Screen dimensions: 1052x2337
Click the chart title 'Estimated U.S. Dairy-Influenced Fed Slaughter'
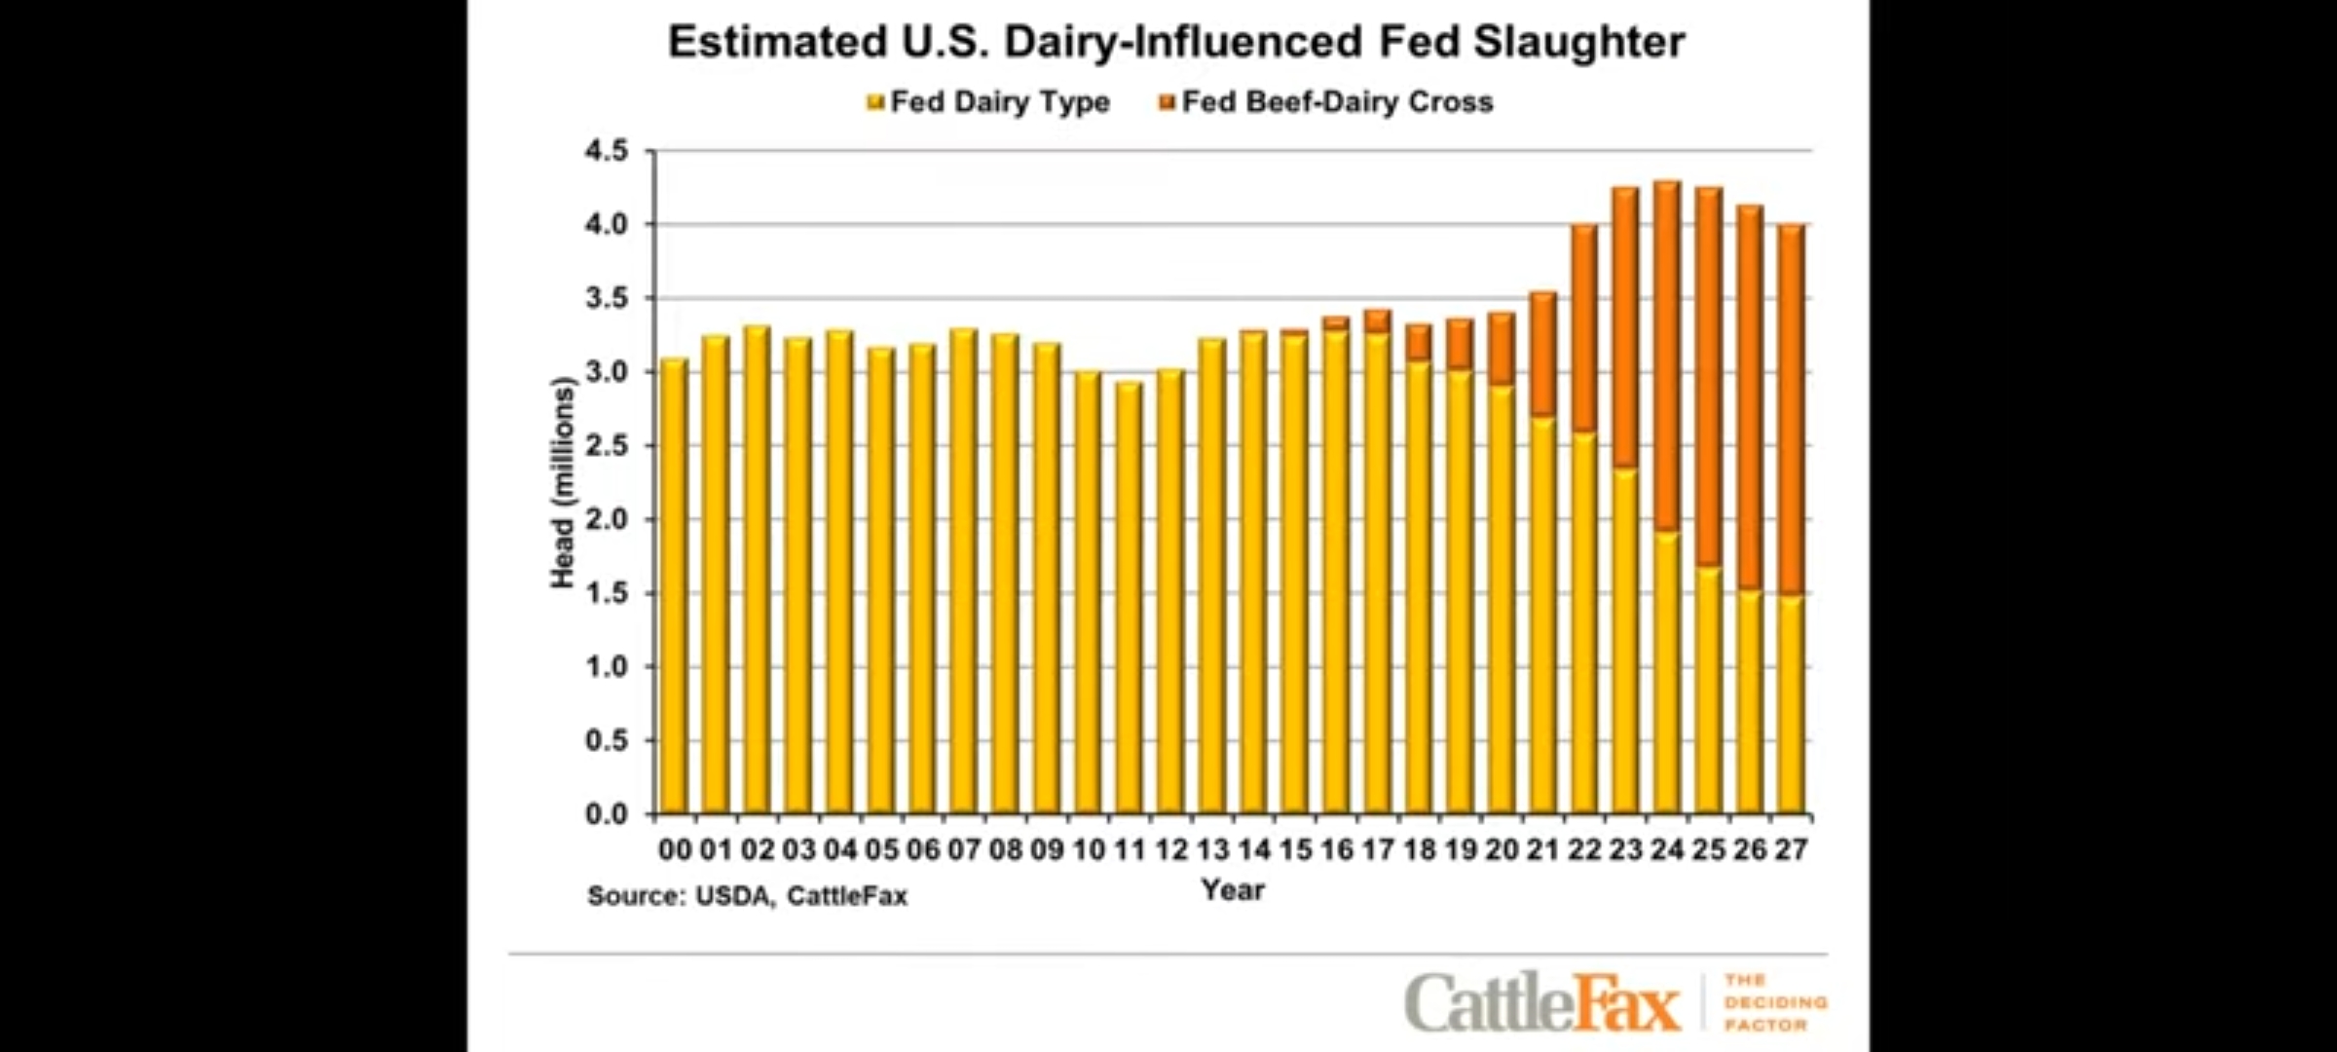(1175, 43)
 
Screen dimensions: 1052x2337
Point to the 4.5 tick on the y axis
(607, 151)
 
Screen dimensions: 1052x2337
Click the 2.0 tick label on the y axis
(607, 519)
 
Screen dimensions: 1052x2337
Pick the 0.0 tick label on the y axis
(607, 814)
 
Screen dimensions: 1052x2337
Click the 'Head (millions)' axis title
(563, 482)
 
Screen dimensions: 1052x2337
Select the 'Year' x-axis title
(1232, 889)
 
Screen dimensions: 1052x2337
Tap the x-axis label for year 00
(674, 849)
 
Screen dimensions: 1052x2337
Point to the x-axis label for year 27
(1791, 849)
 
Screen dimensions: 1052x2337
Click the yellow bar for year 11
(1129, 599)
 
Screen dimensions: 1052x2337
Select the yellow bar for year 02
(757, 570)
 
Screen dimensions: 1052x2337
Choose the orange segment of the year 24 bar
(1667, 356)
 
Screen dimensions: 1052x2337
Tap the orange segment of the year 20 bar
(1502, 349)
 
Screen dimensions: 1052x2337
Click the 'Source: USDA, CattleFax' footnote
(747, 896)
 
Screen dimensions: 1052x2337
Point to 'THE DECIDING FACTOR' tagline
(1774, 1001)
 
